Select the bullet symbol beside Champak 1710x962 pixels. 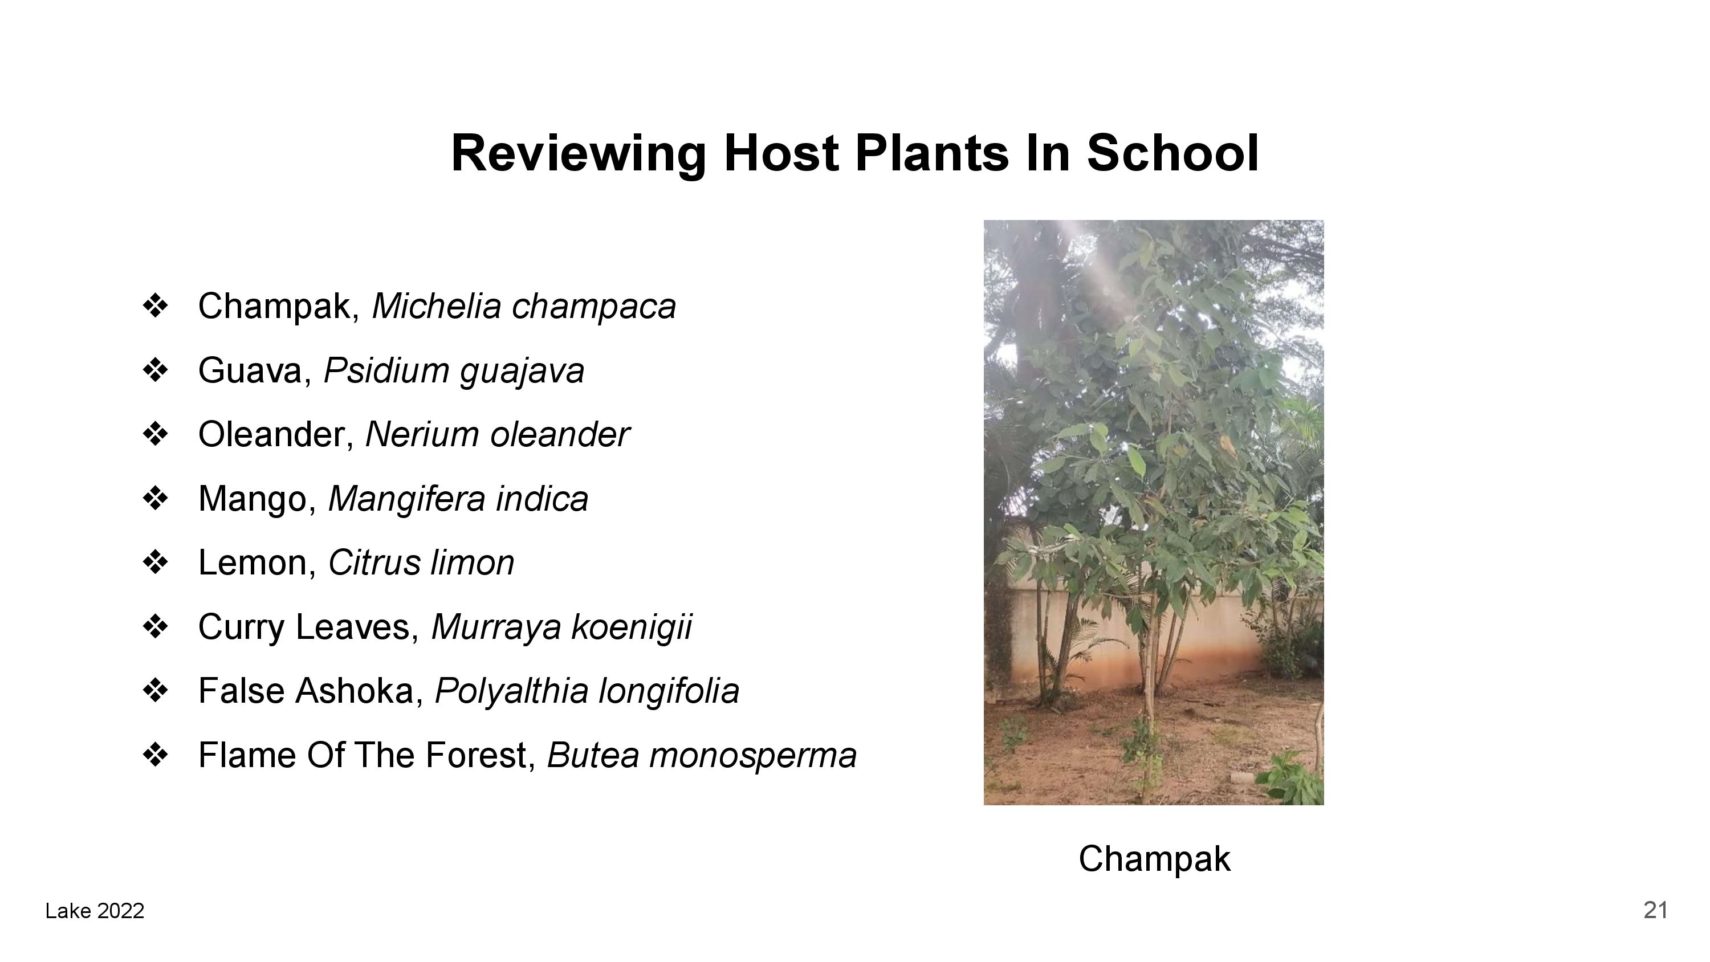click(156, 307)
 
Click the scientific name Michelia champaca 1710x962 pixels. click(524, 307)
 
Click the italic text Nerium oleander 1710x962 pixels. click(497, 435)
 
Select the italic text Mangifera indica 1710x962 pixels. click(458, 499)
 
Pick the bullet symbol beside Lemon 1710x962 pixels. click(156, 563)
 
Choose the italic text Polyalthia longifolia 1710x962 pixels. click(587, 691)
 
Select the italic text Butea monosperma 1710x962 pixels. click(702, 755)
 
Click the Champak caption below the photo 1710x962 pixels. click(1154, 859)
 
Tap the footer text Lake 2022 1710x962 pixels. click(95, 911)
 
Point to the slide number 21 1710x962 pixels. click(1656, 910)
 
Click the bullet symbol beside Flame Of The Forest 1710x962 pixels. click(156, 755)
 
